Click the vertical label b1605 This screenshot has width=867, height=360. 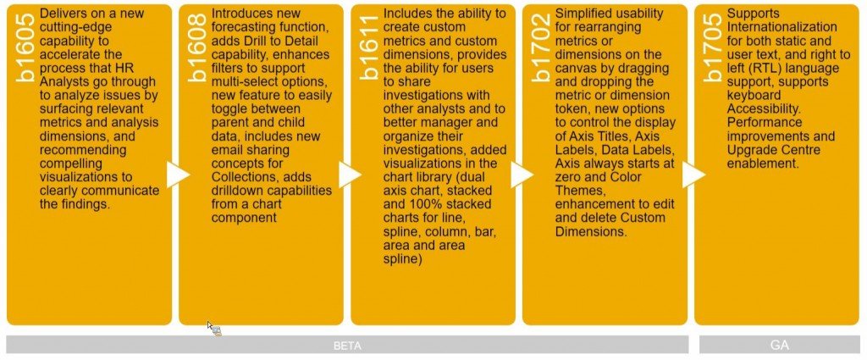pyautogui.click(x=25, y=47)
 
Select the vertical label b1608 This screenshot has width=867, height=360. pyautogui.click(x=197, y=47)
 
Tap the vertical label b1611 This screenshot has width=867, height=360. pyautogui.click(x=369, y=47)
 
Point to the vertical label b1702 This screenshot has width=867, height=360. pyautogui.click(x=541, y=47)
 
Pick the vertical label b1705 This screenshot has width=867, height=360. pyautogui.click(x=713, y=47)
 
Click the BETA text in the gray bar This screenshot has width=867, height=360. pyautogui.click(x=347, y=346)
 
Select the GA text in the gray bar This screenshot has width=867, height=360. pyautogui.click(x=780, y=345)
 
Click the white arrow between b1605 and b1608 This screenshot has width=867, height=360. pyautogui.click(x=178, y=174)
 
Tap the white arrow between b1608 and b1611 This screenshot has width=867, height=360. pyautogui.click(x=350, y=174)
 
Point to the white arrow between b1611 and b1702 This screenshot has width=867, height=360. pyautogui.click(x=522, y=174)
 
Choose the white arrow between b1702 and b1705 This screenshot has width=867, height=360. pyautogui.click(x=694, y=174)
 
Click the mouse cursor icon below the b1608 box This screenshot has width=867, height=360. pyautogui.click(x=214, y=329)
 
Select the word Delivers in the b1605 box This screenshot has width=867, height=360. pyautogui.click(x=62, y=14)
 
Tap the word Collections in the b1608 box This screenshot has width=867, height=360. pyautogui.click(x=240, y=177)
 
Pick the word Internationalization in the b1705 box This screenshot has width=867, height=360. pyautogui.click(x=781, y=27)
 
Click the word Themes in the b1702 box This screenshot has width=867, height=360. pyautogui.click(x=579, y=191)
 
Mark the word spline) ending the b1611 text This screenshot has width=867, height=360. pyautogui.click(x=402, y=259)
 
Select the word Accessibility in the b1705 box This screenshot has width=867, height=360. pyautogui.click(x=763, y=109)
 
